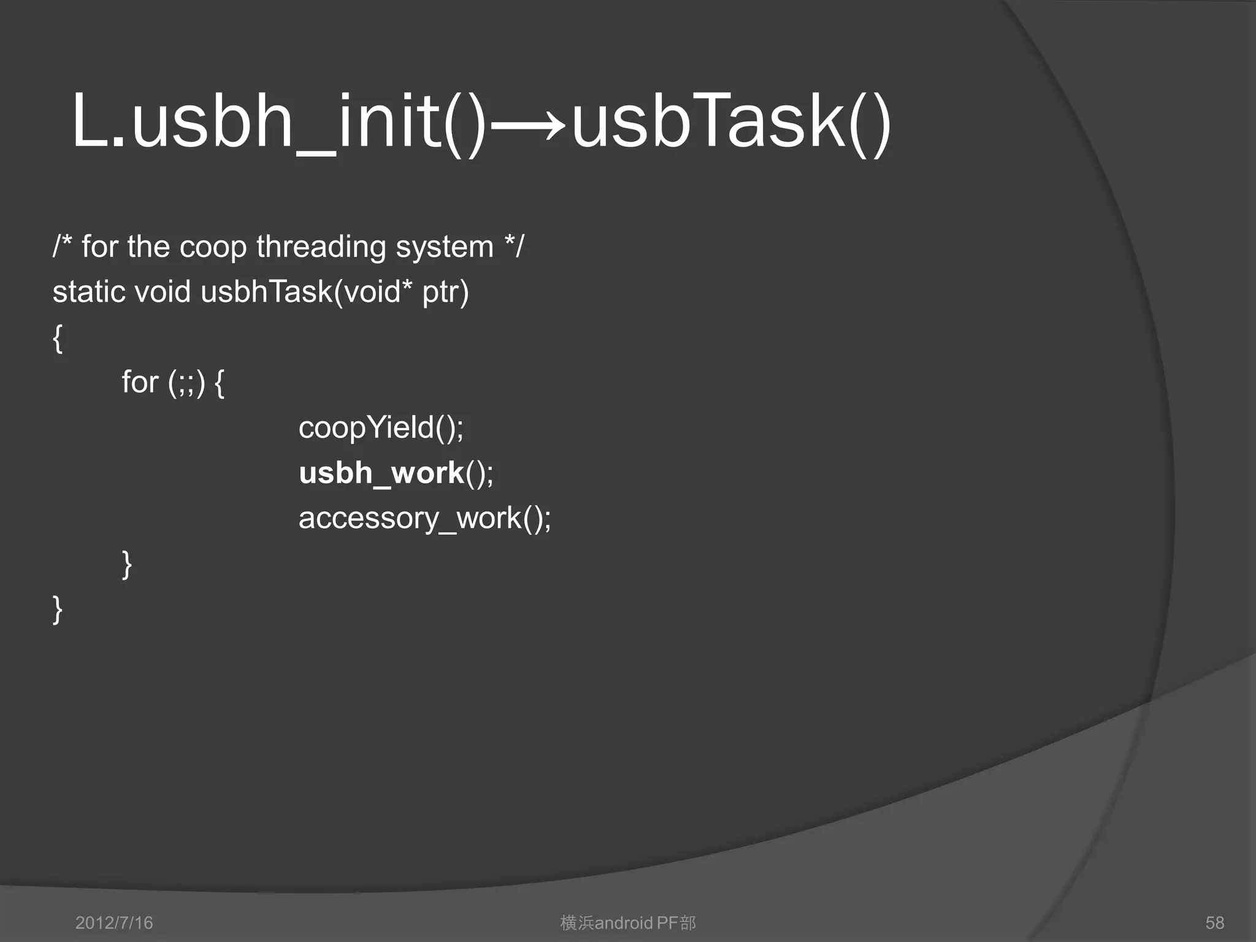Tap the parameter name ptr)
[445, 293]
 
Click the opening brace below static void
[58, 338]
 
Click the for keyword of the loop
[140, 382]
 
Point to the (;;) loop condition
[186, 383]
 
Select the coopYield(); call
[381, 427]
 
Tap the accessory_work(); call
[424, 519]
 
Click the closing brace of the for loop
[127, 564]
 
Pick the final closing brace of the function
[58, 609]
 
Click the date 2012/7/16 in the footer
[114, 922]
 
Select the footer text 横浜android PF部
[628, 922]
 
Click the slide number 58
[1214, 922]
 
